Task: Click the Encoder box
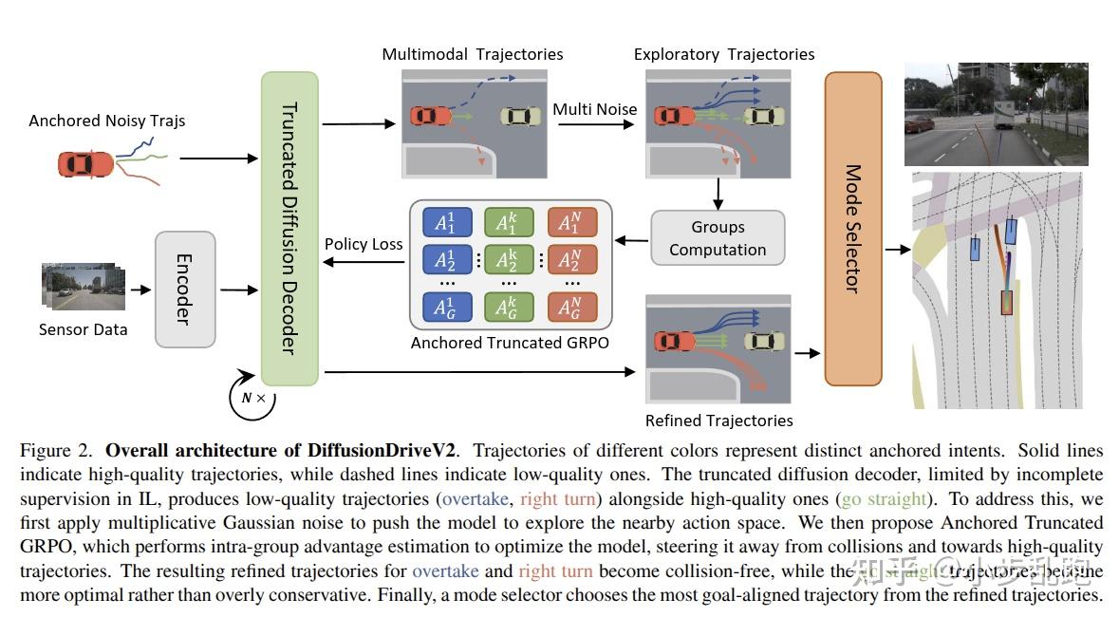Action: [x=185, y=289]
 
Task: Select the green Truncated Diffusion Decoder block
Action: [x=289, y=228]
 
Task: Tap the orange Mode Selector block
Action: [x=853, y=228]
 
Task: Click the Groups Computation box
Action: [x=718, y=238]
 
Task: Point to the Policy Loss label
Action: [x=364, y=244]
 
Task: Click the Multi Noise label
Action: [x=595, y=109]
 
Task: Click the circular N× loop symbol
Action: [x=252, y=398]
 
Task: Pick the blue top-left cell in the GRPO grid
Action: [x=445, y=223]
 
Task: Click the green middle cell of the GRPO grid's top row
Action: [x=508, y=223]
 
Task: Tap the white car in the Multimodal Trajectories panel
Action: [x=519, y=116]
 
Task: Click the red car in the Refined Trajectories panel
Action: [x=674, y=341]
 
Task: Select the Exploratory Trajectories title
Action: [x=723, y=54]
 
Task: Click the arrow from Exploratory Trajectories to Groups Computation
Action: [x=718, y=194]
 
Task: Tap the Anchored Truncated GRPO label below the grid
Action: [x=510, y=343]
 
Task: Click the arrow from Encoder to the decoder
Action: [x=237, y=289]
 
